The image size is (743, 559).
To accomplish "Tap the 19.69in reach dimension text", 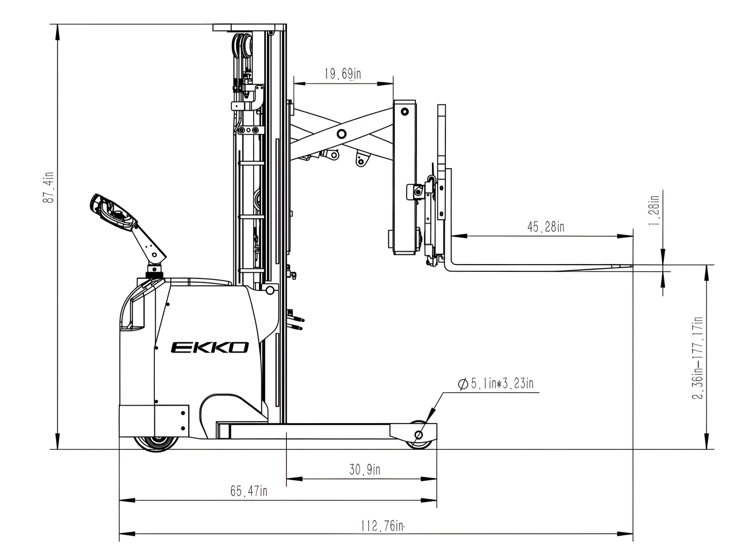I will point(342,74).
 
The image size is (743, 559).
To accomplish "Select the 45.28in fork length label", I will point(545,226).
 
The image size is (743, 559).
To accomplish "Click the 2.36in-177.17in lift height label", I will point(698,357).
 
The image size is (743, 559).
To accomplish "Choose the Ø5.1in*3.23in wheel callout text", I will point(495,383).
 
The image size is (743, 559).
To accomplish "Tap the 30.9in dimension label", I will point(365,469).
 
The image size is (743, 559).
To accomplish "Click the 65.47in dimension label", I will point(248,491).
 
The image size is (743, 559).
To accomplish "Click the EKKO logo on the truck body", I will point(210,348).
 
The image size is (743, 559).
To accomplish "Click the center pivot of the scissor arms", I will point(341,134).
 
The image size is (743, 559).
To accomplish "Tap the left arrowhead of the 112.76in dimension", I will point(122,533).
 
